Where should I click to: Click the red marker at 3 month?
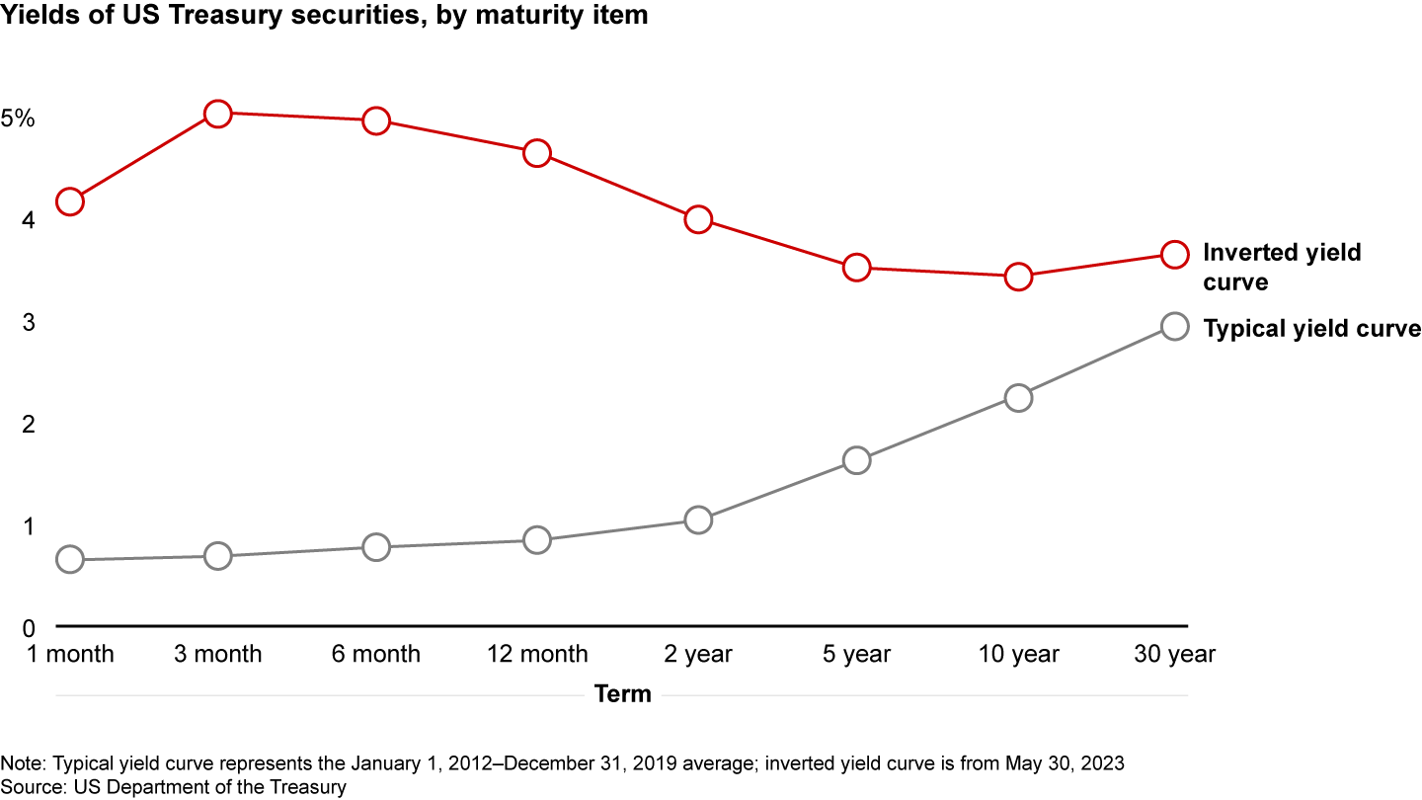[217, 114]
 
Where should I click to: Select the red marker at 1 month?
[69, 201]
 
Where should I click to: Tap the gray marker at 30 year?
[1174, 326]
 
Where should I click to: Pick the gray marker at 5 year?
[856, 460]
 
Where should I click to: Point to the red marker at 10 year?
[1018, 277]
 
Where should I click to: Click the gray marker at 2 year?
[698, 520]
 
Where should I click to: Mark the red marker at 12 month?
[537, 153]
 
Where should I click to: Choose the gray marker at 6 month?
[376, 546]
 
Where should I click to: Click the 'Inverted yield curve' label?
[1281, 267]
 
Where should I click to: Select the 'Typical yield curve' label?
[1311, 329]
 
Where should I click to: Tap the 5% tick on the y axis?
[18, 119]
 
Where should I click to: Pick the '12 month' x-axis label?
[537, 654]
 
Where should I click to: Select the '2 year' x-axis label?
[698, 654]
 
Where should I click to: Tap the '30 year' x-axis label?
[1174, 654]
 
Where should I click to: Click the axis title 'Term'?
[623, 694]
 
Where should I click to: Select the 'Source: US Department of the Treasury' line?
[174, 786]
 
